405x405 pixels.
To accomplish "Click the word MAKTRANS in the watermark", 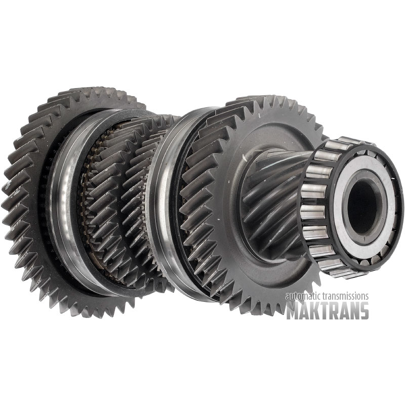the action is point(327,310).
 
